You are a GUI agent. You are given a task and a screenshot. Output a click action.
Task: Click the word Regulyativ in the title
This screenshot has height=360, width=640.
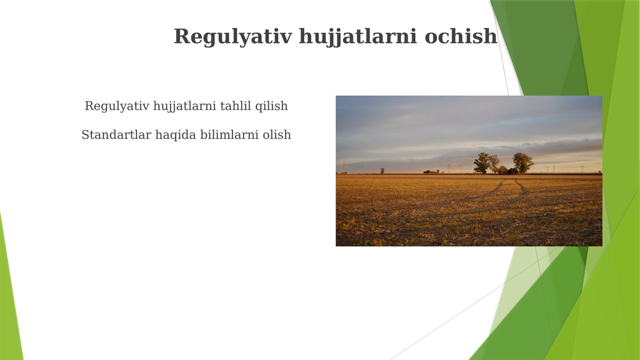click(x=233, y=37)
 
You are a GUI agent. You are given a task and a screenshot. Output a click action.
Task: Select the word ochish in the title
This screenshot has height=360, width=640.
click(x=461, y=36)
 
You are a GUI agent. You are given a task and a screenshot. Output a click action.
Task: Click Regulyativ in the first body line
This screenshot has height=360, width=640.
click(x=117, y=106)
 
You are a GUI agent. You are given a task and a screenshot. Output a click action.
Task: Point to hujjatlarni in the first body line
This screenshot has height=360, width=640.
click(x=184, y=106)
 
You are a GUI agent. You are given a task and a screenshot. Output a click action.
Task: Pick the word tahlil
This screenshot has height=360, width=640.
click(x=235, y=105)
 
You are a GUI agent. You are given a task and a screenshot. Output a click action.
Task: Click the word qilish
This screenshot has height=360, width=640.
click(x=271, y=106)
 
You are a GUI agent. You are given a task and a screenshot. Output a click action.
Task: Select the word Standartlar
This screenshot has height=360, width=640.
click(x=116, y=134)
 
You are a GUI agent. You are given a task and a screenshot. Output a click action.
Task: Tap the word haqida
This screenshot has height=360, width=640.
click(x=175, y=135)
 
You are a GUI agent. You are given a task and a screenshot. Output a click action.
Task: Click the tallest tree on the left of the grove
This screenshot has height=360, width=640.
click(x=481, y=163)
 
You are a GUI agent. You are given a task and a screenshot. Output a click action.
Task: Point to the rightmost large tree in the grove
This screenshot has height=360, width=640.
click(x=523, y=163)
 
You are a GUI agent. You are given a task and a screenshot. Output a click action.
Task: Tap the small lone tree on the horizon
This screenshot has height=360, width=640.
click(x=382, y=170)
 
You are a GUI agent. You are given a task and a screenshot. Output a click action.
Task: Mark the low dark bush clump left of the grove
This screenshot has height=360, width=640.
click(x=431, y=171)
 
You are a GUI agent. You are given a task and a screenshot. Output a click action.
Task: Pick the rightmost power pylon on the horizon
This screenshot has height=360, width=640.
click(x=582, y=169)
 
